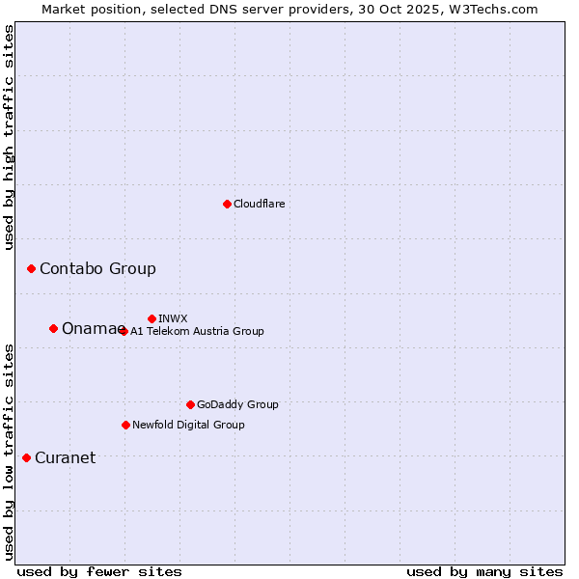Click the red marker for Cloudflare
pos(227,204)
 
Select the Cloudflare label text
pos(260,204)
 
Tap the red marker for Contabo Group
pos(31,268)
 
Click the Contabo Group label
pos(97,268)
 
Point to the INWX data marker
pos(152,318)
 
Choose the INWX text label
pos(173,318)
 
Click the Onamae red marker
pos(53,328)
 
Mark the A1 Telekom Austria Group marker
pos(124,331)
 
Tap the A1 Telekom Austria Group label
pos(197,331)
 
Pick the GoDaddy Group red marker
pos(190,404)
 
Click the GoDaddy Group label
pos(237,404)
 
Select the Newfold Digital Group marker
pos(125,425)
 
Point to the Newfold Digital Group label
pos(188,425)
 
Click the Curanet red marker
pos(26,457)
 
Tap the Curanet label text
pos(65,457)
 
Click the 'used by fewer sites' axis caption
pos(99,571)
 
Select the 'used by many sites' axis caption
pos(484,571)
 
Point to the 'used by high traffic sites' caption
pos(9,137)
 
